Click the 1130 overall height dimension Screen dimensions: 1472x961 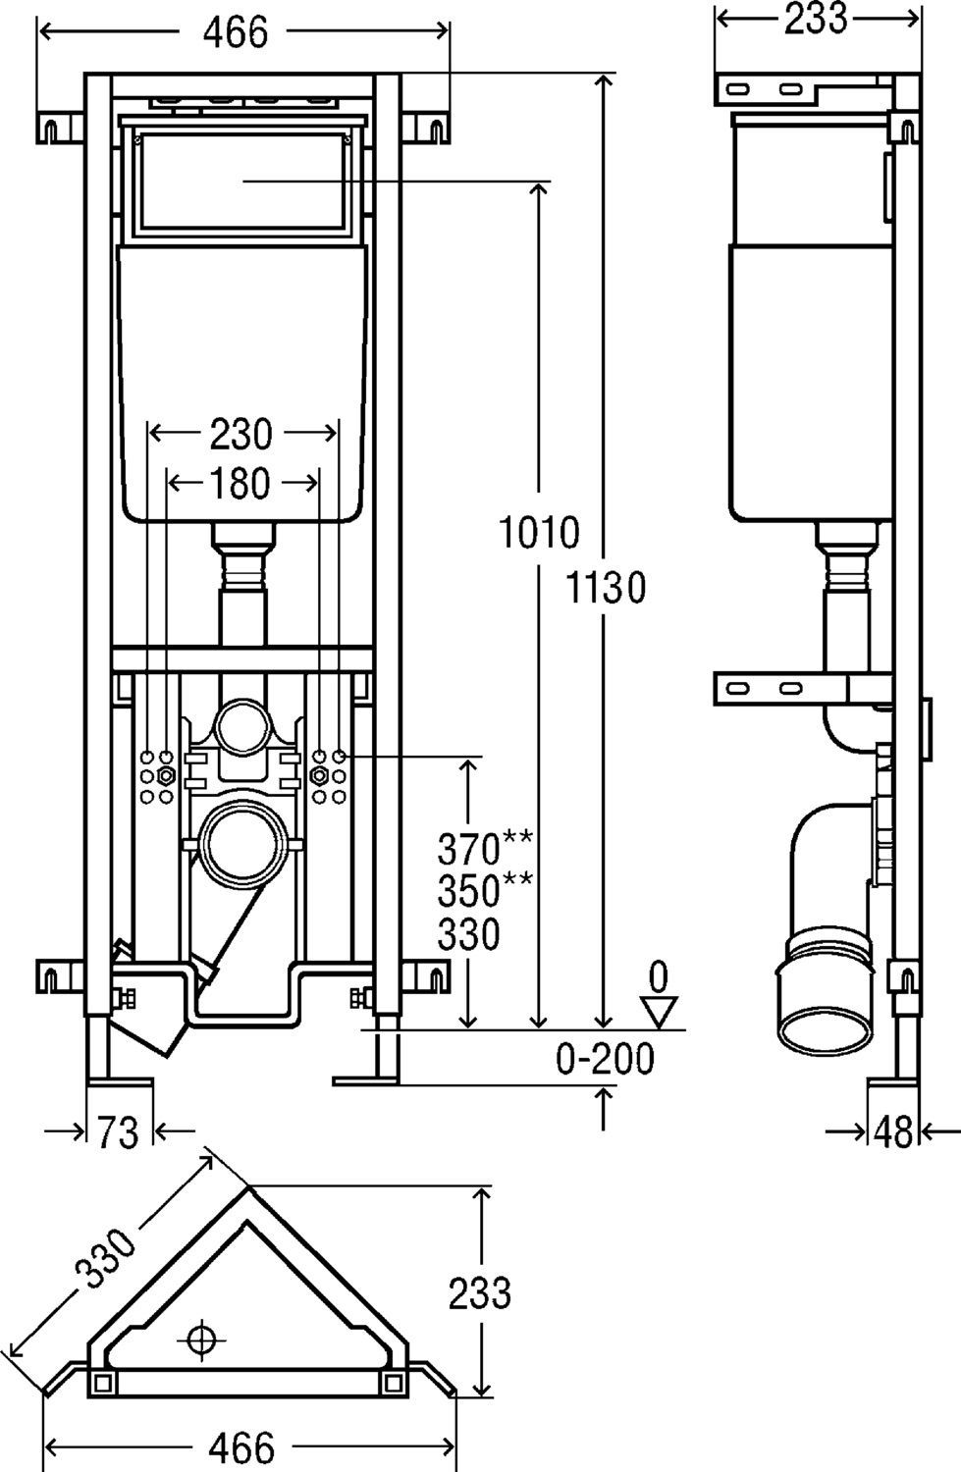click(x=606, y=588)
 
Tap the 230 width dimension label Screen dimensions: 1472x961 click(x=240, y=433)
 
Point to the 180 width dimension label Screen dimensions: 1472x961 click(x=240, y=482)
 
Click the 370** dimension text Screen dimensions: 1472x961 click(x=485, y=846)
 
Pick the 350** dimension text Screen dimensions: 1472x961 click(x=485, y=890)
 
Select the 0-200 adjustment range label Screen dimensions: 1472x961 click(x=605, y=1059)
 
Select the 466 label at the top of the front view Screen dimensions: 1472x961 click(x=236, y=32)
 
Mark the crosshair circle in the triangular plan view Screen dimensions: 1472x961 click(x=203, y=1338)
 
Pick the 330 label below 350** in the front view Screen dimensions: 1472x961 click(x=468, y=934)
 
